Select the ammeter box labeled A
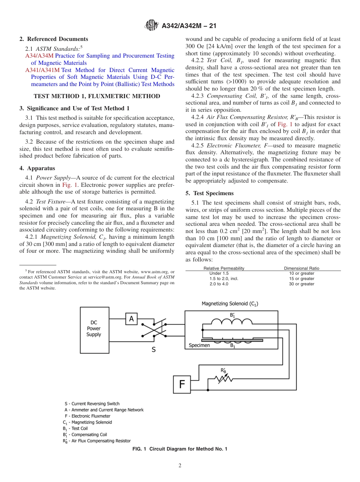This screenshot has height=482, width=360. (x=131, y=319)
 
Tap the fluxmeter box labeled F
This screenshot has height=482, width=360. (x=182, y=384)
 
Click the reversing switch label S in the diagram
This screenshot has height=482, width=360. (x=153, y=350)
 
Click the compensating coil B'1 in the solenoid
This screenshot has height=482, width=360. (x=232, y=322)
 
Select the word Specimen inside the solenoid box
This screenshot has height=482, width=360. (x=199, y=345)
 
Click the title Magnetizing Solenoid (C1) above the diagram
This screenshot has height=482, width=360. (x=230, y=304)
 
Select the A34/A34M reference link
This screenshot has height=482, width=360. (x=36, y=56)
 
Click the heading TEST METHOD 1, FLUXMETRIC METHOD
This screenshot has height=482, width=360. (x=97, y=96)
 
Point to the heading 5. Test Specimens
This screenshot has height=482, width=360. (x=210, y=193)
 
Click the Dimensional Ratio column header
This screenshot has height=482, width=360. (x=302, y=268)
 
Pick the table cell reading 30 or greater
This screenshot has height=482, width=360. (x=302, y=284)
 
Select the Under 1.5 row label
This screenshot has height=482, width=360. (x=219, y=273)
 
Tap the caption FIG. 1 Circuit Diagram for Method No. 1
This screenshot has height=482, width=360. (x=180, y=449)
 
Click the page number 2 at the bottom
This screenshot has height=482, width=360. (x=180, y=466)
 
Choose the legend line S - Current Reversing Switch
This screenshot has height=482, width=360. (x=92, y=404)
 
